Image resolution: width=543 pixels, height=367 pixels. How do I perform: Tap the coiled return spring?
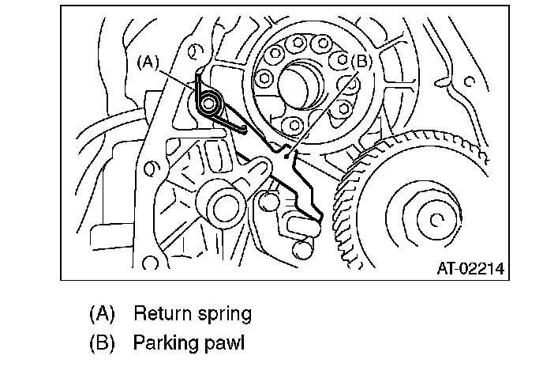point(211,103)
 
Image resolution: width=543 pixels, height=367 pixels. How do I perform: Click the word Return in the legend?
point(162,314)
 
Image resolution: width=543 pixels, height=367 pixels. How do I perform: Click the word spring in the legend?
point(225,314)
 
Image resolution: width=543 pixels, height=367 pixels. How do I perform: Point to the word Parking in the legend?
point(165,345)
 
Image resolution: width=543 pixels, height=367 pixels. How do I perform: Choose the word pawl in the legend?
point(227,345)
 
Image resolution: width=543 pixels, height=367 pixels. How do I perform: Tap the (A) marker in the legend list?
point(102,314)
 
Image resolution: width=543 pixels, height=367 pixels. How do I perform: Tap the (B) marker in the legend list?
point(102,345)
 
